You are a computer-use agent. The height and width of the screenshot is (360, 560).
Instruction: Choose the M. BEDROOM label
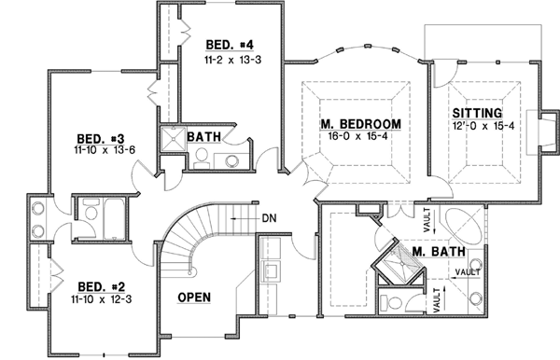(x=360, y=124)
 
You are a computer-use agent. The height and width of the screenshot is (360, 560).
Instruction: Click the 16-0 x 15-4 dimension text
(x=360, y=136)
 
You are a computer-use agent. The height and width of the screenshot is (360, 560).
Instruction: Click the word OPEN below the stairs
(x=194, y=298)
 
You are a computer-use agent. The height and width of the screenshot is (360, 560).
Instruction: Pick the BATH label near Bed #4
(x=203, y=138)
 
